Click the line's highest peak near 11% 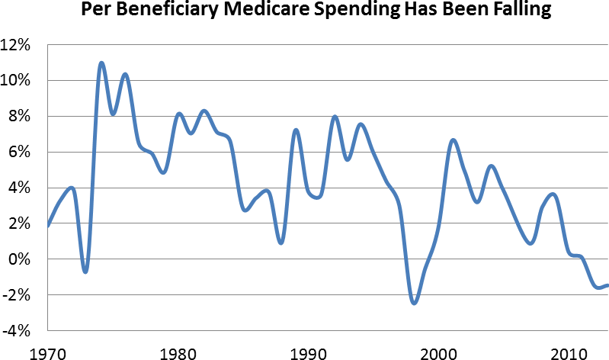(101, 63)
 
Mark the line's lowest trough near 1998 (414, 303)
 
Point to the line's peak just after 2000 (453, 140)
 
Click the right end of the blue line (607, 285)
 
